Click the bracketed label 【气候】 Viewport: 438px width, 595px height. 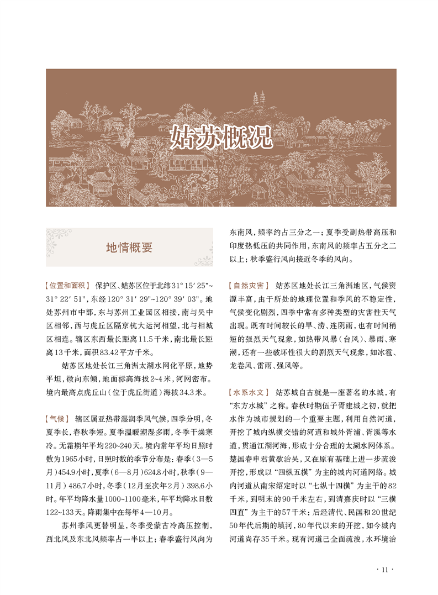click(56, 418)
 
